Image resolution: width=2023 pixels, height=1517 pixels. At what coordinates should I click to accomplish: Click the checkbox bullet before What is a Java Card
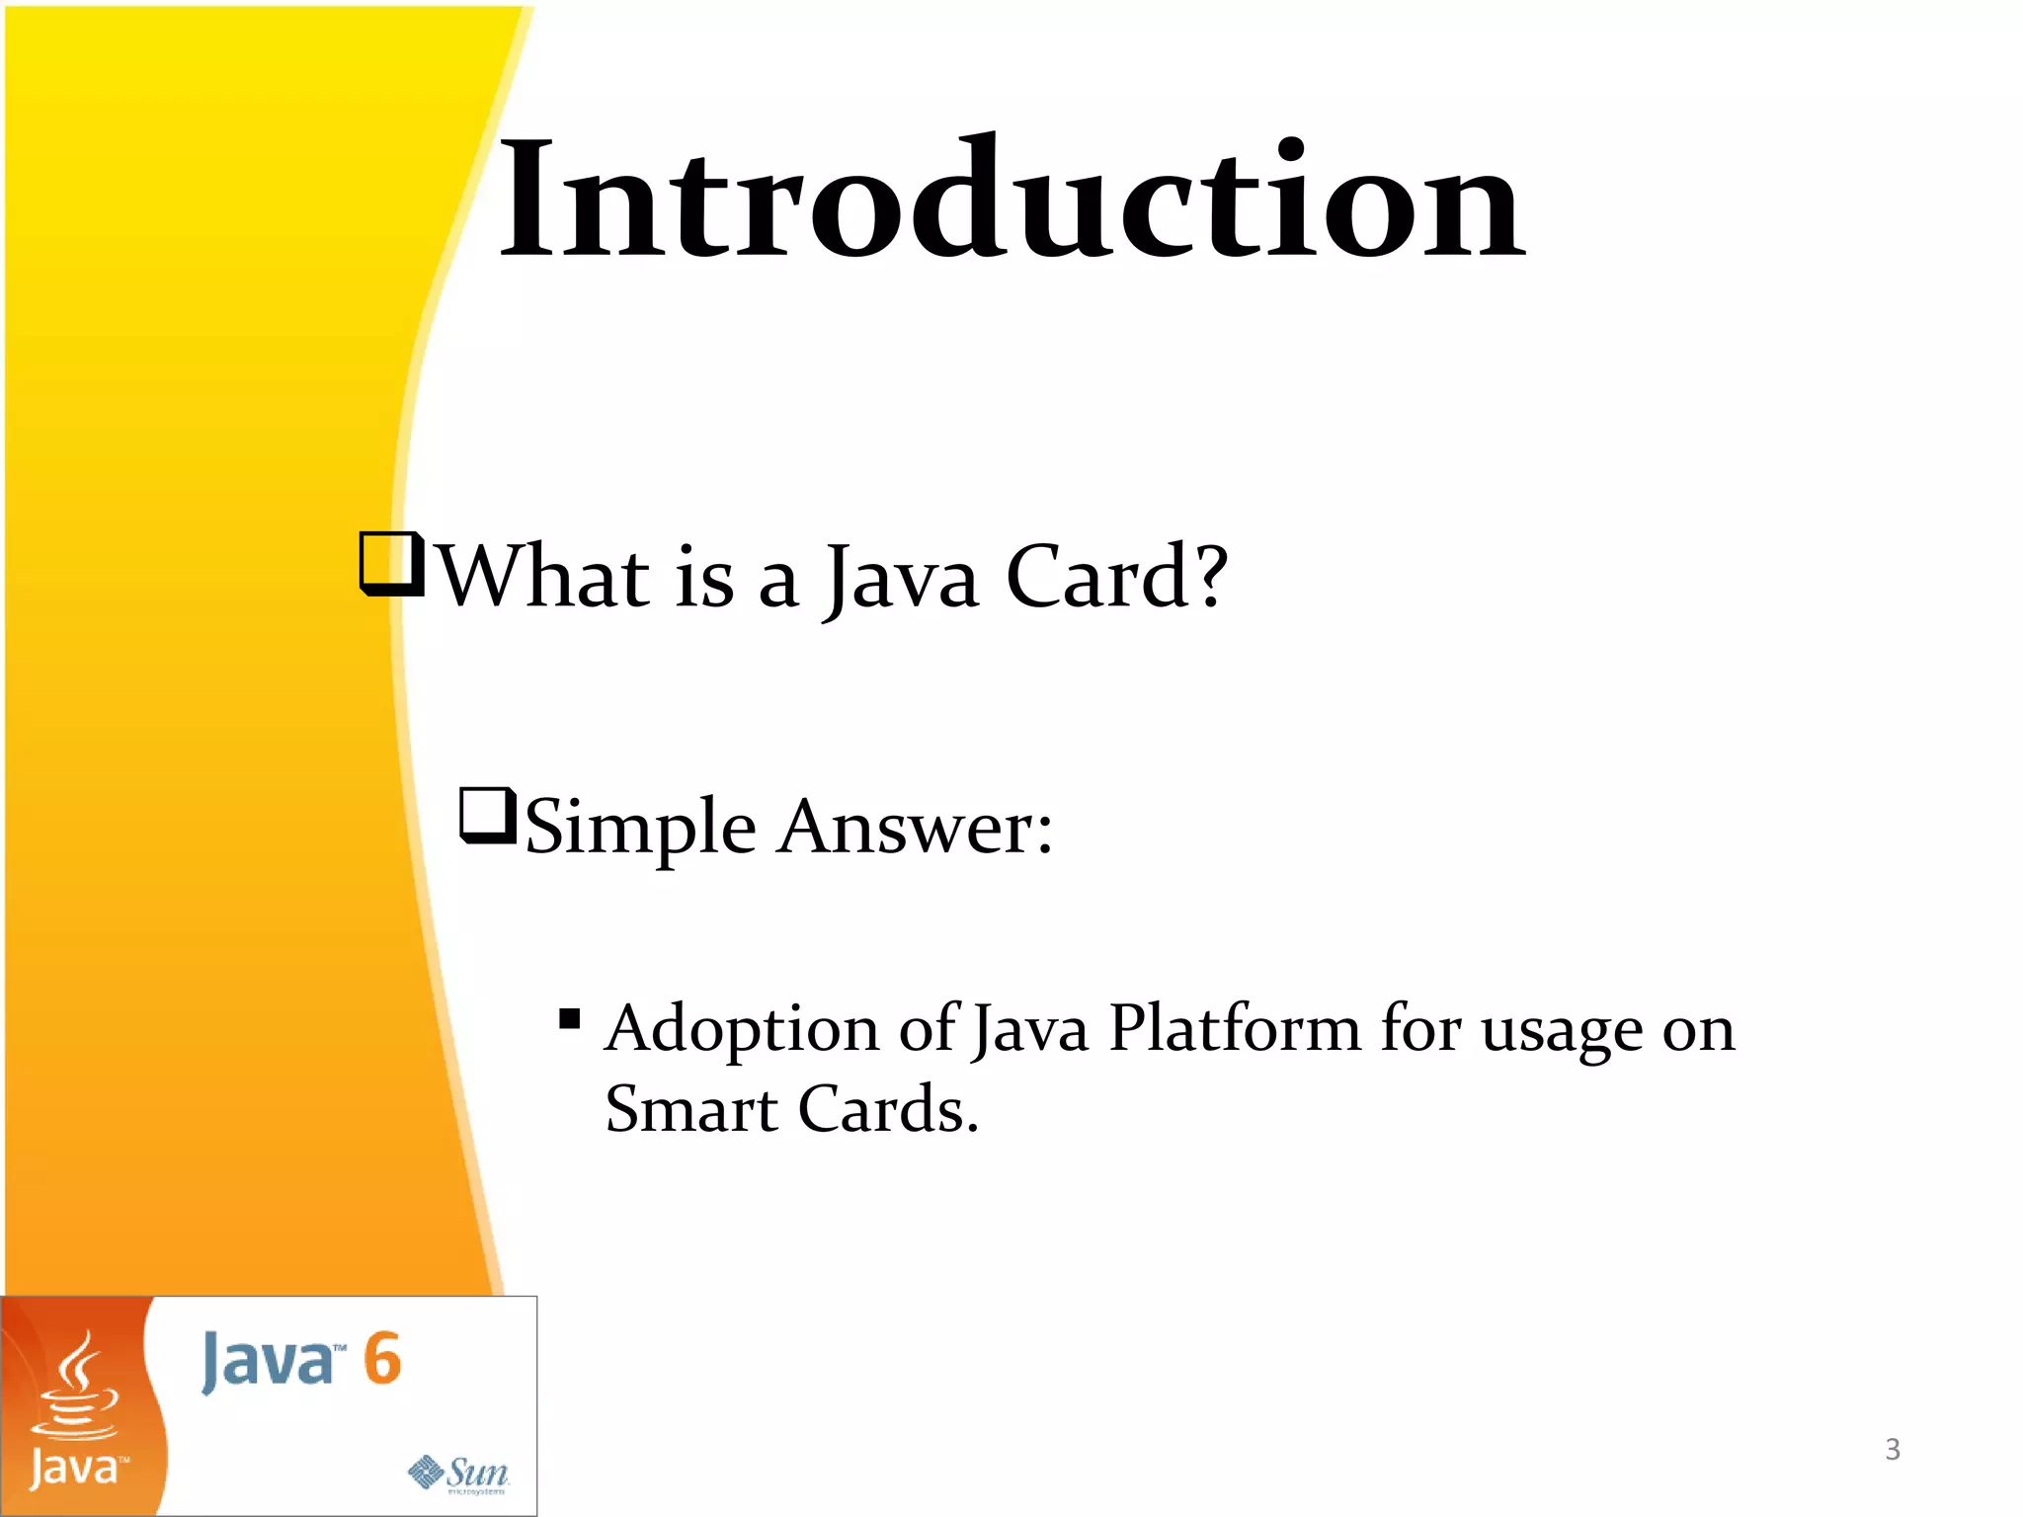click(391, 565)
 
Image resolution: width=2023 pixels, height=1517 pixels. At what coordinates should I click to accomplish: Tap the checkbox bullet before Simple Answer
click(488, 816)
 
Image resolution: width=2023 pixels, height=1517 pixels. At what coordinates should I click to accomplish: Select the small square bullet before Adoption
click(569, 1018)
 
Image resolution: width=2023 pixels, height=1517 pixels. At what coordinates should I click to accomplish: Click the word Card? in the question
click(1116, 578)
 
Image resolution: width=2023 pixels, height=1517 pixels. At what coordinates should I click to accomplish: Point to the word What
click(543, 578)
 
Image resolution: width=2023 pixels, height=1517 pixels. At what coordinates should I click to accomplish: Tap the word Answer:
click(915, 828)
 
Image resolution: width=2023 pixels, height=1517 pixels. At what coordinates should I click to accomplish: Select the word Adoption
click(741, 1030)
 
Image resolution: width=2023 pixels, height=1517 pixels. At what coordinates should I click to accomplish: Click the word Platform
click(1235, 1030)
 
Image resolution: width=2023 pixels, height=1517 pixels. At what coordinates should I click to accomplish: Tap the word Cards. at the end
click(887, 1110)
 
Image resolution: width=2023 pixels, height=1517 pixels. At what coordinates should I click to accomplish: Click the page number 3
click(1892, 1450)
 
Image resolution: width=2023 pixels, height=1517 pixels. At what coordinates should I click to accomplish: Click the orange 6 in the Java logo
click(381, 1359)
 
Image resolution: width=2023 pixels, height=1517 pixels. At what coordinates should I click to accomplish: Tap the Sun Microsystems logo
click(458, 1474)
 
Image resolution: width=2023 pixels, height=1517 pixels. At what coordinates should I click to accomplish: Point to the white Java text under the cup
click(75, 1469)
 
